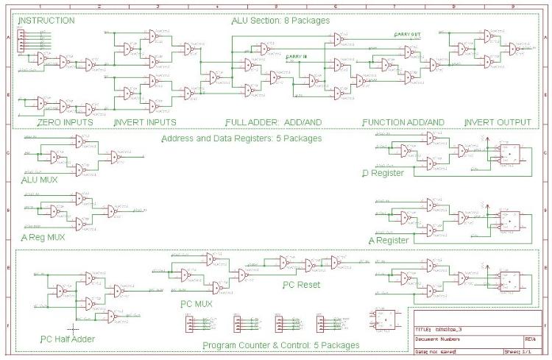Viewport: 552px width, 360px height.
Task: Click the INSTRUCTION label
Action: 46,21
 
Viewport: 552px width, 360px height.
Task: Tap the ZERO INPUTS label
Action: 66,121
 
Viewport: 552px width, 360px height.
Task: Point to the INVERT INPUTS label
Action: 145,121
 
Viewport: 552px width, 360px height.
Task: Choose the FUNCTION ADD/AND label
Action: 403,121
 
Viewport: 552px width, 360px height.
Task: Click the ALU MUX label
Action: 40,179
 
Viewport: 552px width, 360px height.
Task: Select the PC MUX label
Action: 196,303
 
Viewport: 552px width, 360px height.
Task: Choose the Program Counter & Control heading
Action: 280,345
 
